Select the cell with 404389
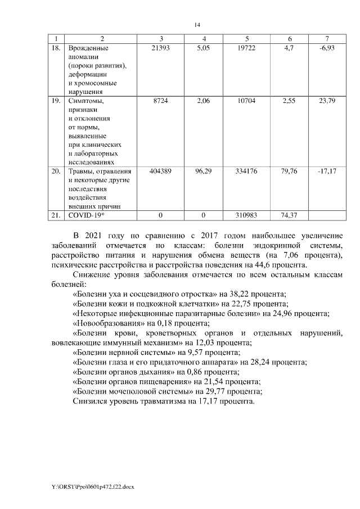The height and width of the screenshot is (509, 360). [x=161, y=170]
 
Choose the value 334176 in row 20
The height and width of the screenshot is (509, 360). [x=247, y=170]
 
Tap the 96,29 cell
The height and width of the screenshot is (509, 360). [x=203, y=170]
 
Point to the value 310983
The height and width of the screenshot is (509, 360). [x=247, y=215]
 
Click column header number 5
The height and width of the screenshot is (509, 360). [x=247, y=38]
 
